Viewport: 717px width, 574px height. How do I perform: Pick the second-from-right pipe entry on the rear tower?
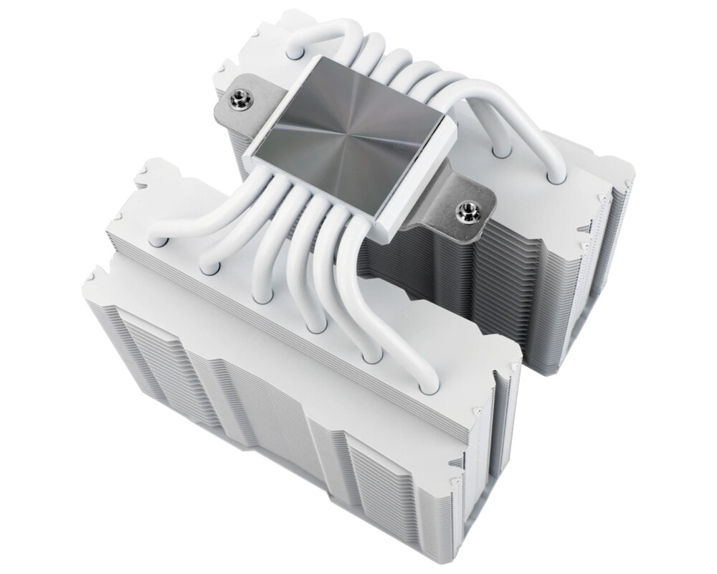click(500, 151)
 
